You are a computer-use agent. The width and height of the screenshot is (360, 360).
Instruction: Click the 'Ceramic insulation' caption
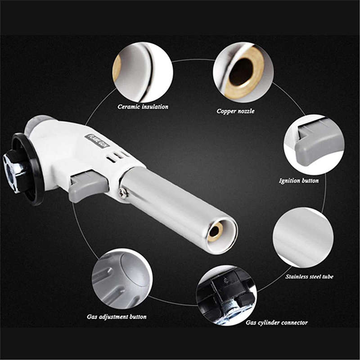click(x=143, y=107)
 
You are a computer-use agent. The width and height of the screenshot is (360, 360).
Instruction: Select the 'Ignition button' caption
click(x=299, y=180)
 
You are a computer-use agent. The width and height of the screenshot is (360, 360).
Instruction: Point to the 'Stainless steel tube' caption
click(x=309, y=276)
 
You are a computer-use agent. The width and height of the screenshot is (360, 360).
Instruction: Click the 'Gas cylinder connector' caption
click(x=276, y=322)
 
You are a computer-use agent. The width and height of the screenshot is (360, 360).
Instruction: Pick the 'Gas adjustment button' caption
click(x=117, y=316)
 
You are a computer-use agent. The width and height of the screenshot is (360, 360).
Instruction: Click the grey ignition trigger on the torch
click(x=87, y=185)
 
